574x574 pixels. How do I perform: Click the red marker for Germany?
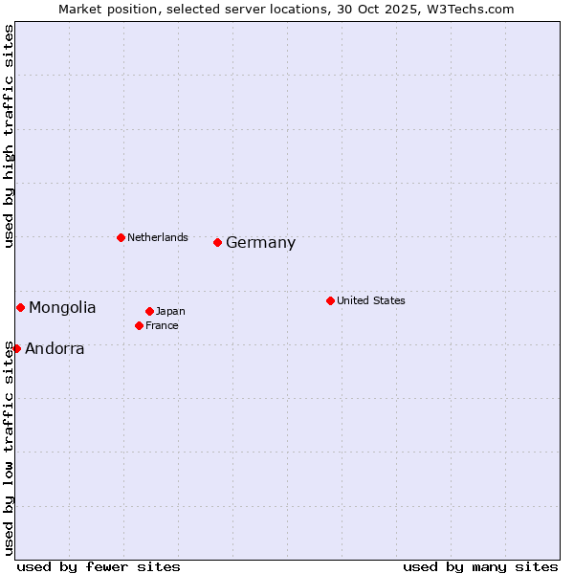pos(218,242)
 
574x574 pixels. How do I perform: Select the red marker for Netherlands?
pos(121,237)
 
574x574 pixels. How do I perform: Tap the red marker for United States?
pos(330,300)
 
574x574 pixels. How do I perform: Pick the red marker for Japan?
pos(150,311)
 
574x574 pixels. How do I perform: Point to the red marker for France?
pos(140,325)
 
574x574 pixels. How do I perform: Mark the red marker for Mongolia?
pos(20,307)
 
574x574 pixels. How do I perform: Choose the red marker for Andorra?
pos(16,348)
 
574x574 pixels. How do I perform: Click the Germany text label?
pos(260,243)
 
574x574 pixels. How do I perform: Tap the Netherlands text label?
pos(158,237)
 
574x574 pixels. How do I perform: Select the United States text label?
pos(371,300)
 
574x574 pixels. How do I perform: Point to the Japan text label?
pos(170,311)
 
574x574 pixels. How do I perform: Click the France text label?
pos(163,325)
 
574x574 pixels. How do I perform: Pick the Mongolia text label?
pos(62,308)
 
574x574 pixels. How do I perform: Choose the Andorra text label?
pos(55,349)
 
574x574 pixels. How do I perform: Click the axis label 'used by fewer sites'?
pos(99,566)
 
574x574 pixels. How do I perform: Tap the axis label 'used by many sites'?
pos(480,566)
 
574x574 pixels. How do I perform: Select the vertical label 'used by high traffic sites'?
pos(9,136)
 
